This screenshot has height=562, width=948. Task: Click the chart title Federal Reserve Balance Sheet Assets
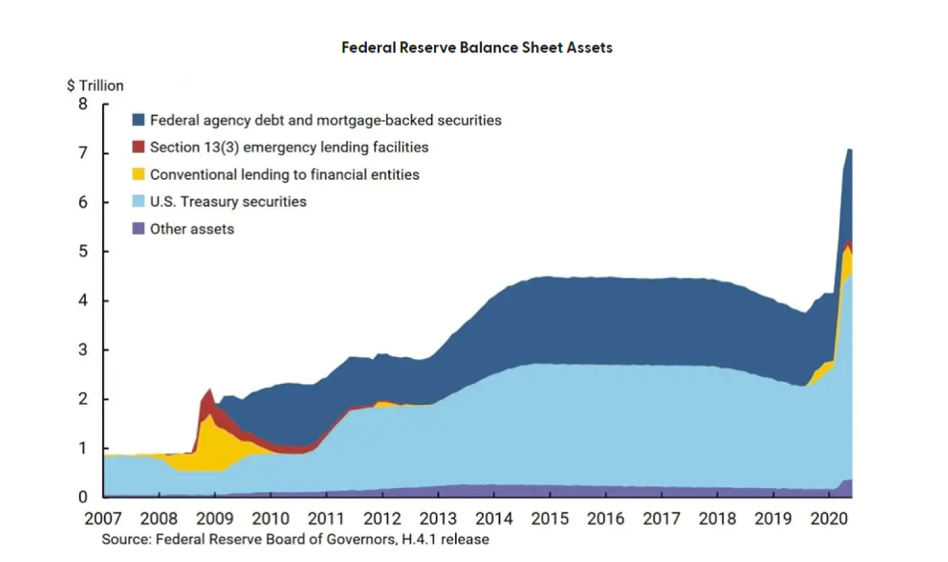coord(477,47)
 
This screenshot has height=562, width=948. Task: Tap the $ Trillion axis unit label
coord(95,86)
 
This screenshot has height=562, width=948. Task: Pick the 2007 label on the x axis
coord(104,520)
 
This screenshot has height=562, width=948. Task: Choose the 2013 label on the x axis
coord(439,520)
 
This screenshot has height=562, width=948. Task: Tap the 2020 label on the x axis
coord(829,520)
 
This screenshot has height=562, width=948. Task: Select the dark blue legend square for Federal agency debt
coord(139,121)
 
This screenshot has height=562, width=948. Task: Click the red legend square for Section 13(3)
coord(139,147)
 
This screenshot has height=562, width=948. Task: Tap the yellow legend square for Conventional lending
coord(139,174)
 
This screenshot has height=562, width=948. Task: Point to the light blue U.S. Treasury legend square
coord(139,201)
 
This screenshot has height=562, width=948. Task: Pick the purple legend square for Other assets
coord(139,229)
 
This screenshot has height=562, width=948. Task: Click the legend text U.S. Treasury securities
coord(228,201)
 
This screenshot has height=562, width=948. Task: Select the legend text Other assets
coord(192,229)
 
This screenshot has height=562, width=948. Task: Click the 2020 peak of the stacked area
coord(848,150)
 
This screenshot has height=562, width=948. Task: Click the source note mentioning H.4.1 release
coord(295,540)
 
